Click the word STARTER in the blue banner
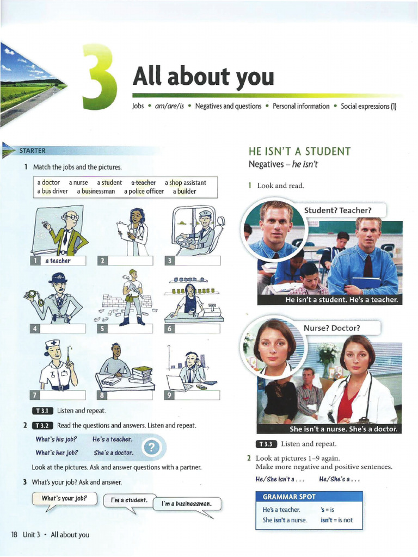(x=33, y=151)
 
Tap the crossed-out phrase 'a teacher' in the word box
(x=143, y=183)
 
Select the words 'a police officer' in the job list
(x=144, y=191)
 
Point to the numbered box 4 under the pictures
(x=35, y=329)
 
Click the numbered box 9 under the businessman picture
(x=169, y=395)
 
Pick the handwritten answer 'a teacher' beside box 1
(x=58, y=261)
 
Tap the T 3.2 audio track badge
(x=41, y=425)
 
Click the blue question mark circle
(x=152, y=448)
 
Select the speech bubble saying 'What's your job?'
(x=64, y=498)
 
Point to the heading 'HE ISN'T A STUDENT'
(x=299, y=152)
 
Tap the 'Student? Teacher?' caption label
(x=337, y=211)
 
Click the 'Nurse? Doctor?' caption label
(x=332, y=328)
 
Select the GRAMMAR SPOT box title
(x=289, y=497)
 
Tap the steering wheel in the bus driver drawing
(x=185, y=239)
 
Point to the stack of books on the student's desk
(x=142, y=374)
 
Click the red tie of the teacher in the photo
(x=368, y=266)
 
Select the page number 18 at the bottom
(x=15, y=535)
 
